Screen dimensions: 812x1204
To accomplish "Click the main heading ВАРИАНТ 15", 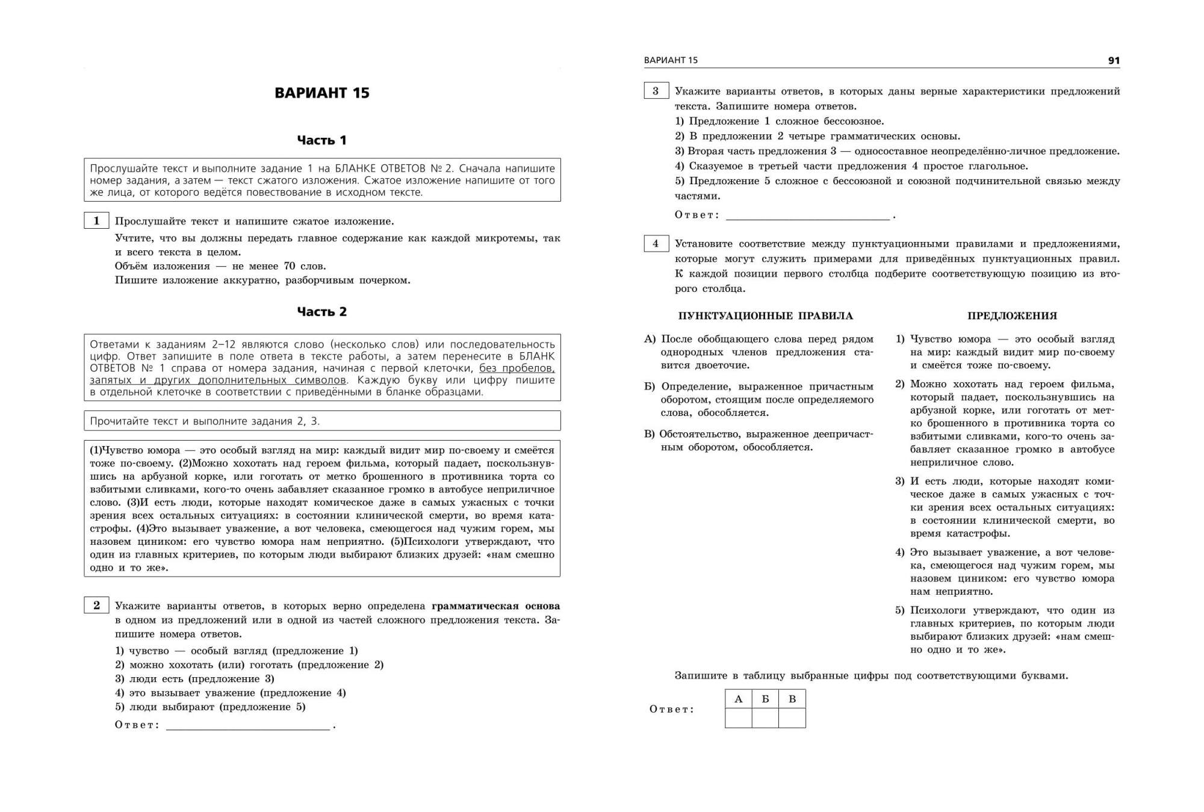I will click(321, 93).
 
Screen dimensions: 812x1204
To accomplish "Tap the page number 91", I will click(1113, 60).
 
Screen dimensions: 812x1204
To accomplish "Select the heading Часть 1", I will click(321, 140).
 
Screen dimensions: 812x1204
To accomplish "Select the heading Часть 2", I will click(321, 312).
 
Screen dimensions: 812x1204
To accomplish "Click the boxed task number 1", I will click(96, 221).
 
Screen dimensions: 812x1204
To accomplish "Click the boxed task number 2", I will click(96, 606).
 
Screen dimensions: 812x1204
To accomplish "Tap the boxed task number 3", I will click(656, 91).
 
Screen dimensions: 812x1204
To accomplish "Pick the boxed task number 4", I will click(656, 244).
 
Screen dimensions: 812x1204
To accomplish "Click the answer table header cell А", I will click(739, 699).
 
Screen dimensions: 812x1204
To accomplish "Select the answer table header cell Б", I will click(765, 699).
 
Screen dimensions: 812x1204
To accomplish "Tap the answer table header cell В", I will click(792, 699).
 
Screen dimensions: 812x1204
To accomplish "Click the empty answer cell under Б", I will click(765, 718).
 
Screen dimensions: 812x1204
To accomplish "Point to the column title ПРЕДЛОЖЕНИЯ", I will click(1012, 316).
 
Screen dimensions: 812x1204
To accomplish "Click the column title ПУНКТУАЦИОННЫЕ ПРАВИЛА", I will click(765, 316).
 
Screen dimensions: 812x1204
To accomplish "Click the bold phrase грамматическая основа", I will click(495, 606).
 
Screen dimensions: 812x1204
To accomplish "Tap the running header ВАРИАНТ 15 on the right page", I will click(671, 60).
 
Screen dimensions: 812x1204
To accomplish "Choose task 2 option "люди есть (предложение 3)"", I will click(194, 679).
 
